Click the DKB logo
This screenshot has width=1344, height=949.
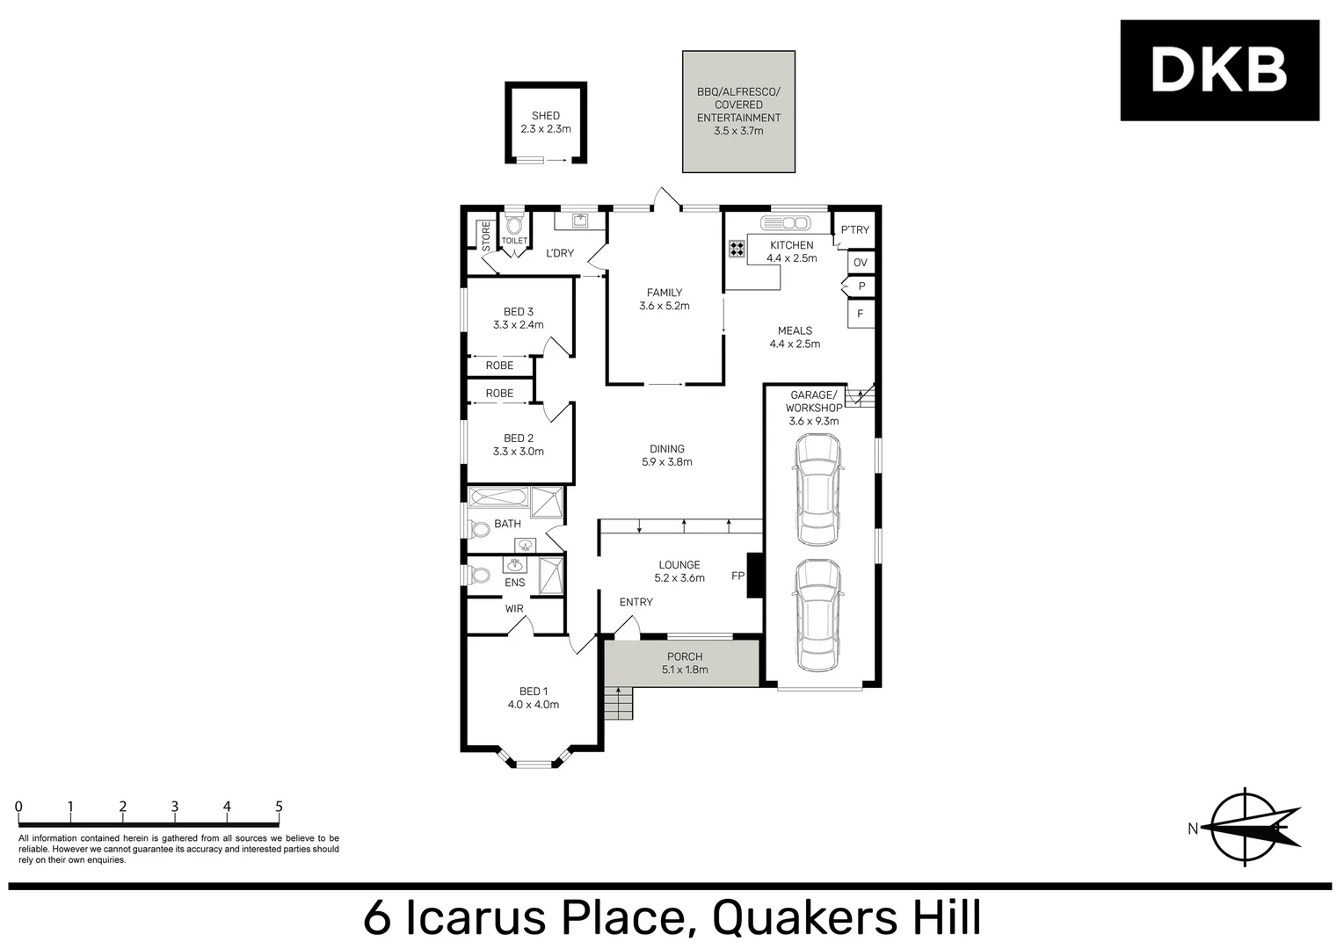tap(1218, 70)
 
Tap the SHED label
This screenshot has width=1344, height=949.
tap(545, 115)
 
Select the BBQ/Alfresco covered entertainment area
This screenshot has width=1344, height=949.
tap(738, 111)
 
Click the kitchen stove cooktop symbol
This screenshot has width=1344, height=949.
tap(736, 250)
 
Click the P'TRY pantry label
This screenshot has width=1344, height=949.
tap(854, 230)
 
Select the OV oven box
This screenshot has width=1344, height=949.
tap(861, 263)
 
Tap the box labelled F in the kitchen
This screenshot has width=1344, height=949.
tap(861, 314)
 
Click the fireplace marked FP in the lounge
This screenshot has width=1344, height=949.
tap(753, 576)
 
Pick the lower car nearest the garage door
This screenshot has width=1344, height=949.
tap(817, 615)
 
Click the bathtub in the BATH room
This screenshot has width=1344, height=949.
tap(498, 498)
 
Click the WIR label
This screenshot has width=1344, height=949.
tap(514, 608)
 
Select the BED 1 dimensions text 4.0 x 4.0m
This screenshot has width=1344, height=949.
tap(533, 705)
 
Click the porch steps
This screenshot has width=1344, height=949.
tap(618, 703)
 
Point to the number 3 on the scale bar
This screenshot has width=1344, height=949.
tap(175, 807)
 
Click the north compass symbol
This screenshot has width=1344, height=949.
tap(1246, 828)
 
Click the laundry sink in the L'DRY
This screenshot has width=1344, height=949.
tap(581, 221)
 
